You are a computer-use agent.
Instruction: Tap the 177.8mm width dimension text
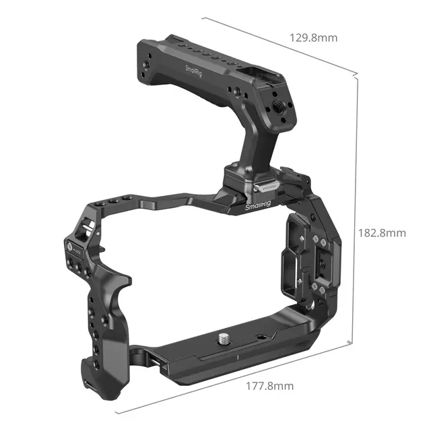coord(270,386)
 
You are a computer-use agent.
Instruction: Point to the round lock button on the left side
coord(70,246)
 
